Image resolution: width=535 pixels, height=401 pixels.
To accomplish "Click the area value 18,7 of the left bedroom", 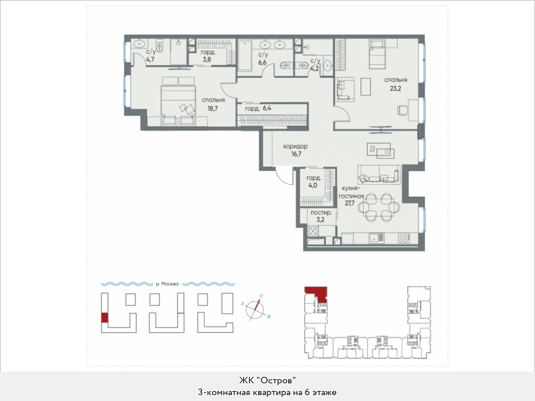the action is (213, 109).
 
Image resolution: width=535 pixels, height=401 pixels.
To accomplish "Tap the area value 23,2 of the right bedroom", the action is (395, 89).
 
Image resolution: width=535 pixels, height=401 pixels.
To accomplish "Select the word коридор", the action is (295, 146).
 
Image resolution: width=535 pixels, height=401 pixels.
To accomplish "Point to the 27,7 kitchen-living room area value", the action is (350, 203).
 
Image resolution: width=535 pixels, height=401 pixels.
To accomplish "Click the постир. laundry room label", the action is (321, 213).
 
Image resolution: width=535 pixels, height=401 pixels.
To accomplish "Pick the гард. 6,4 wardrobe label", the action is (258, 109).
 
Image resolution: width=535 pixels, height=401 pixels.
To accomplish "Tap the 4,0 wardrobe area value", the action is (313, 185).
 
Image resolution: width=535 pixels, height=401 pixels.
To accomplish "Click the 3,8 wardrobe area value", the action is (206, 59).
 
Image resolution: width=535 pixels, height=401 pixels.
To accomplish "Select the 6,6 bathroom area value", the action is (262, 63).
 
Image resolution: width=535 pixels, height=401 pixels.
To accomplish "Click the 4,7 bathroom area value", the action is (150, 59).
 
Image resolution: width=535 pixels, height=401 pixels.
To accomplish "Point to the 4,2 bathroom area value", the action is (314, 68).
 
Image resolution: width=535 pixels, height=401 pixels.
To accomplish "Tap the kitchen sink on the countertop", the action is (376, 238).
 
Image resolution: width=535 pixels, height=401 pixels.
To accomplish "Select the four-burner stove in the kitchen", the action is (404, 238).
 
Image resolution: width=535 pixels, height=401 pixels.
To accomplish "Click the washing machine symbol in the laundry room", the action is (313, 231).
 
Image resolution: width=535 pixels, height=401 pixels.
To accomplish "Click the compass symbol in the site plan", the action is (256, 309).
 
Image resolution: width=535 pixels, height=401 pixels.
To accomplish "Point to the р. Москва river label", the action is (167, 284).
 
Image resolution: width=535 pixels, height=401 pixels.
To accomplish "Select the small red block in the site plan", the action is (105, 317).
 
